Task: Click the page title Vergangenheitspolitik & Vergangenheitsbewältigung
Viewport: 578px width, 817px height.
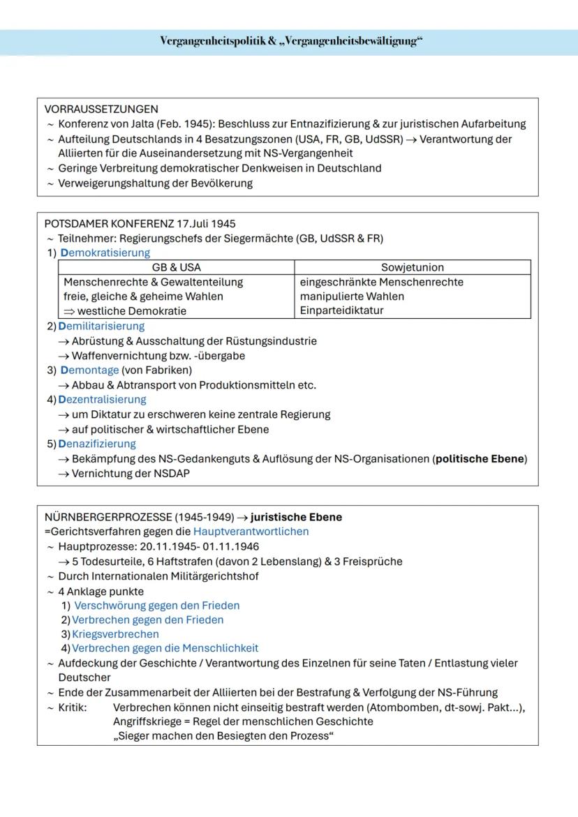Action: coord(292,41)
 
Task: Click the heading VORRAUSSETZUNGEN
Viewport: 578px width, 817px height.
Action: coord(101,109)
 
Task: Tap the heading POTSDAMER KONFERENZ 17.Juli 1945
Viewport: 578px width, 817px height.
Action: coord(140,224)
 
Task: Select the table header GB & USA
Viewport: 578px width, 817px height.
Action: coord(176,267)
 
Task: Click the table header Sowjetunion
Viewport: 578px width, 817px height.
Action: coord(412,267)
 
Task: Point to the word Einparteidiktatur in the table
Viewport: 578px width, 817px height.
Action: coord(341,310)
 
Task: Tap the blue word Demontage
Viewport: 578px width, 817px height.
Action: coord(89,370)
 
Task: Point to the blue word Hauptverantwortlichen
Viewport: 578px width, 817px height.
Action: coord(251,532)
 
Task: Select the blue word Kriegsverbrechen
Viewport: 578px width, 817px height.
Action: coord(115,634)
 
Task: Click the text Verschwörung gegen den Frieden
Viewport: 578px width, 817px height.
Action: coord(156,605)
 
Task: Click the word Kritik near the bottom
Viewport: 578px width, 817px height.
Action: coord(73,707)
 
